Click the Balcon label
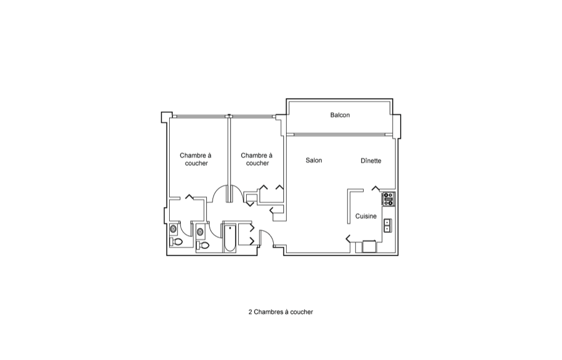[340, 115]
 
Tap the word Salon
[314, 160]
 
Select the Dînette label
[370, 161]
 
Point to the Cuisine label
[366, 216]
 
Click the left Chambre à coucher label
[196, 159]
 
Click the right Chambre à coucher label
[257, 159]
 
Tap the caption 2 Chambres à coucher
[280, 312]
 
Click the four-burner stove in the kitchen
[388, 199]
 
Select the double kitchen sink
[387, 226]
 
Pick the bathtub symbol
[230, 238]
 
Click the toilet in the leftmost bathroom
[176, 242]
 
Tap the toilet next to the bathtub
[203, 246]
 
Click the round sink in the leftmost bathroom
[174, 229]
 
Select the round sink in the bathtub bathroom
[200, 232]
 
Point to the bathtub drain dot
[230, 227]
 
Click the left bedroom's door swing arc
[216, 190]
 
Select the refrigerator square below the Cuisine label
[369, 247]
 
